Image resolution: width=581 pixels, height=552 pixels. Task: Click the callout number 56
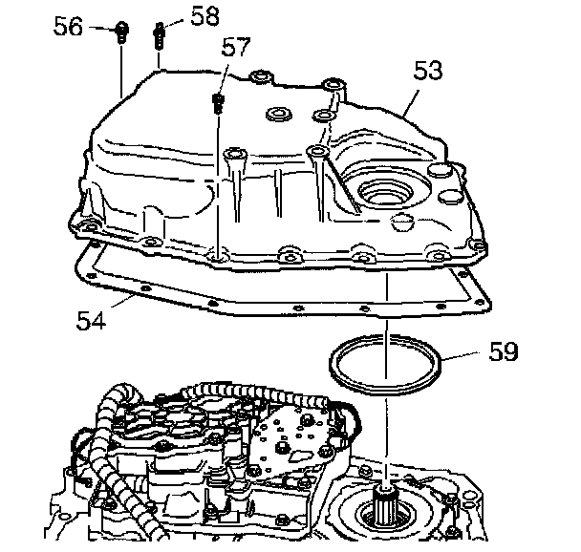[x=68, y=28]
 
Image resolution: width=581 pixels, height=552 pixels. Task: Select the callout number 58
[x=204, y=15]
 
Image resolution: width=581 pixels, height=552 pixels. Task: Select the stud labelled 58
[x=158, y=36]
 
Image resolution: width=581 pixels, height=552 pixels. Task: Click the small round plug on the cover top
[x=280, y=115]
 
